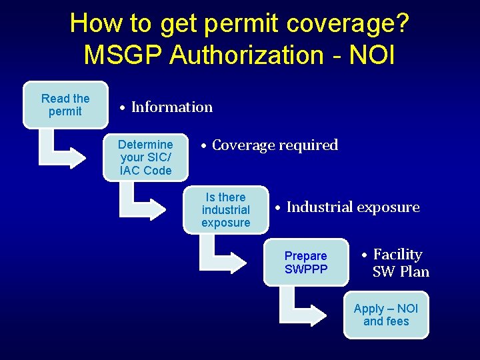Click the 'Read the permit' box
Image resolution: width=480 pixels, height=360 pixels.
(65, 105)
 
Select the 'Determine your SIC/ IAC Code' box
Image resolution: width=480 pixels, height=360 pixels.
(145, 157)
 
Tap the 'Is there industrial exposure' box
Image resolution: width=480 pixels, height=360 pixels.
(225, 210)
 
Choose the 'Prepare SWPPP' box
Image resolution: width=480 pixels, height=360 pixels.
(306, 262)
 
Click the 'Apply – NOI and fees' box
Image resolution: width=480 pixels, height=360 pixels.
(386, 315)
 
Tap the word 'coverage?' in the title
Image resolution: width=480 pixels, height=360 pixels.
(344, 23)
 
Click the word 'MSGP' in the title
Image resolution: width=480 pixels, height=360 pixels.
(123, 55)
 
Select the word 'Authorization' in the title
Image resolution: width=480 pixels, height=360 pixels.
(247, 55)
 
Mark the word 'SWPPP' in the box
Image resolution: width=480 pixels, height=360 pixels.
(306, 269)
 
